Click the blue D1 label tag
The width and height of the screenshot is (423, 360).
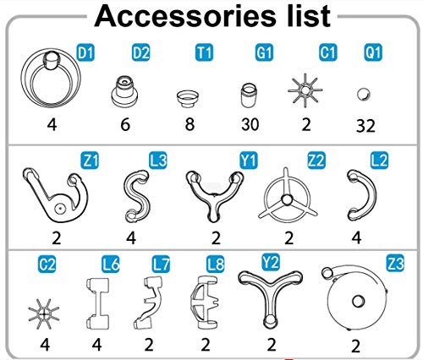(85, 53)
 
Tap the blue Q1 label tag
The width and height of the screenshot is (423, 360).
(373, 52)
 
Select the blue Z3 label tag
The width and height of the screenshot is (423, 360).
(395, 263)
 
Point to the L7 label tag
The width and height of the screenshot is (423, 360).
(161, 265)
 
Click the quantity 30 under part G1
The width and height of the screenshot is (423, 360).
(250, 124)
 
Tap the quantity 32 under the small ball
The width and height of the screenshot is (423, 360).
(365, 126)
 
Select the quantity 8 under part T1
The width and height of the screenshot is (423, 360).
(190, 124)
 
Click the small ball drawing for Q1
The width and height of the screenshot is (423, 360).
(364, 95)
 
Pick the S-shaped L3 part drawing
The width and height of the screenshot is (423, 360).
(136, 194)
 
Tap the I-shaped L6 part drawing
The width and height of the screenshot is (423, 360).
(97, 303)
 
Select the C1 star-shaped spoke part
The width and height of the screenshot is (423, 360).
(305, 90)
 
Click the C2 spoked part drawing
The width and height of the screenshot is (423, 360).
(44, 314)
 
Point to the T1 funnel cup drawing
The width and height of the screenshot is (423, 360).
(188, 99)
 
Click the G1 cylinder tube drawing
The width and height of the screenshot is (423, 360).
(249, 95)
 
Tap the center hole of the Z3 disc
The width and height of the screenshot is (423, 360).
(358, 302)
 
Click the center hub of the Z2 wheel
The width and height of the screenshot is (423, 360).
(287, 200)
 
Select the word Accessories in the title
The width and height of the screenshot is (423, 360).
(184, 16)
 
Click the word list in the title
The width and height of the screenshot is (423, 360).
(309, 16)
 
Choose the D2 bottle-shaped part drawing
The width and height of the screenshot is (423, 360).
(124, 91)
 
